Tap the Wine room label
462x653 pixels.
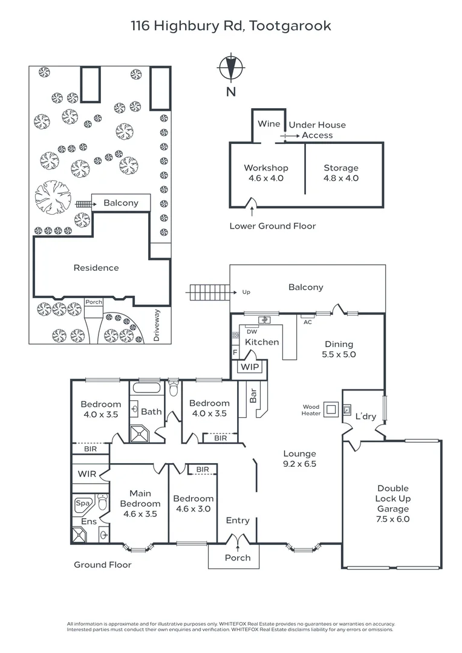click(269, 124)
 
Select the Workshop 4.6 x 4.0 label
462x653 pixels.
click(266, 173)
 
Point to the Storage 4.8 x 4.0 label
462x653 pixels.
click(341, 173)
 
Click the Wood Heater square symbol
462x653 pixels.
click(331, 409)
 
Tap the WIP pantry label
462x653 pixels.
click(250, 368)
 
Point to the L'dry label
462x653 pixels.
click(365, 417)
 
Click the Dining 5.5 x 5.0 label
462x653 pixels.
click(339, 349)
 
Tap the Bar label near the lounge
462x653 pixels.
click(253, 396)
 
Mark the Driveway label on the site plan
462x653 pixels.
click(157, 325)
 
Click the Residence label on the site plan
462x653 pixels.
click(96, 268)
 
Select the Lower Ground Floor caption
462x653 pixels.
click(273, 226)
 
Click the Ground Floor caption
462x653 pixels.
click(102, 565)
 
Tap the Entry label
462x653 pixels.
click(238, 521)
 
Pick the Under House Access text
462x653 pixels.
click(317, 130)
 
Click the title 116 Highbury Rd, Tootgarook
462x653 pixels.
click(231, 25)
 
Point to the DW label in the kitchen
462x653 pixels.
click(252, 331)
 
